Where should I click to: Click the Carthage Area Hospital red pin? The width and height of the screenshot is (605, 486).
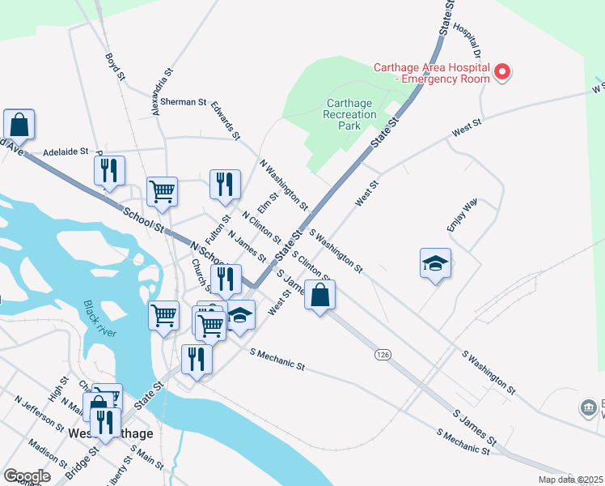click(x=501, y=72)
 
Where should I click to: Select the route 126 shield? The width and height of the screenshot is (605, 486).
click(x=383, y=355)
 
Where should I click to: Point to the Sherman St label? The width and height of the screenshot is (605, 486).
click(x=184, y=102)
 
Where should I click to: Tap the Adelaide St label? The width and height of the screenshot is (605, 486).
click(x=66, y=151)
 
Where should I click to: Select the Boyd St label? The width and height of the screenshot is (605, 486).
click(x=115, y=67)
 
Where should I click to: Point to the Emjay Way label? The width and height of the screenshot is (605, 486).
click(x=462, y=215)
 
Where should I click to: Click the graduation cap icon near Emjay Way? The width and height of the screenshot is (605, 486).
click(x=435, y=263)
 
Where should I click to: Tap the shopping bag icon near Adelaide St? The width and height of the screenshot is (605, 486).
click(x=19, y=126)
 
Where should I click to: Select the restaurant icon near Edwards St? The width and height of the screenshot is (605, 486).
click(x=225, y=184)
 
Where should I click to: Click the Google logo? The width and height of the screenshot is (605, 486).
click(x=27, y=476)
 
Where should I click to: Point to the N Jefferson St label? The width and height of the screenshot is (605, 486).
click(x=39, y=412)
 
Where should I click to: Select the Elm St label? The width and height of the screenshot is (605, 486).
click(x=267, y=202)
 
